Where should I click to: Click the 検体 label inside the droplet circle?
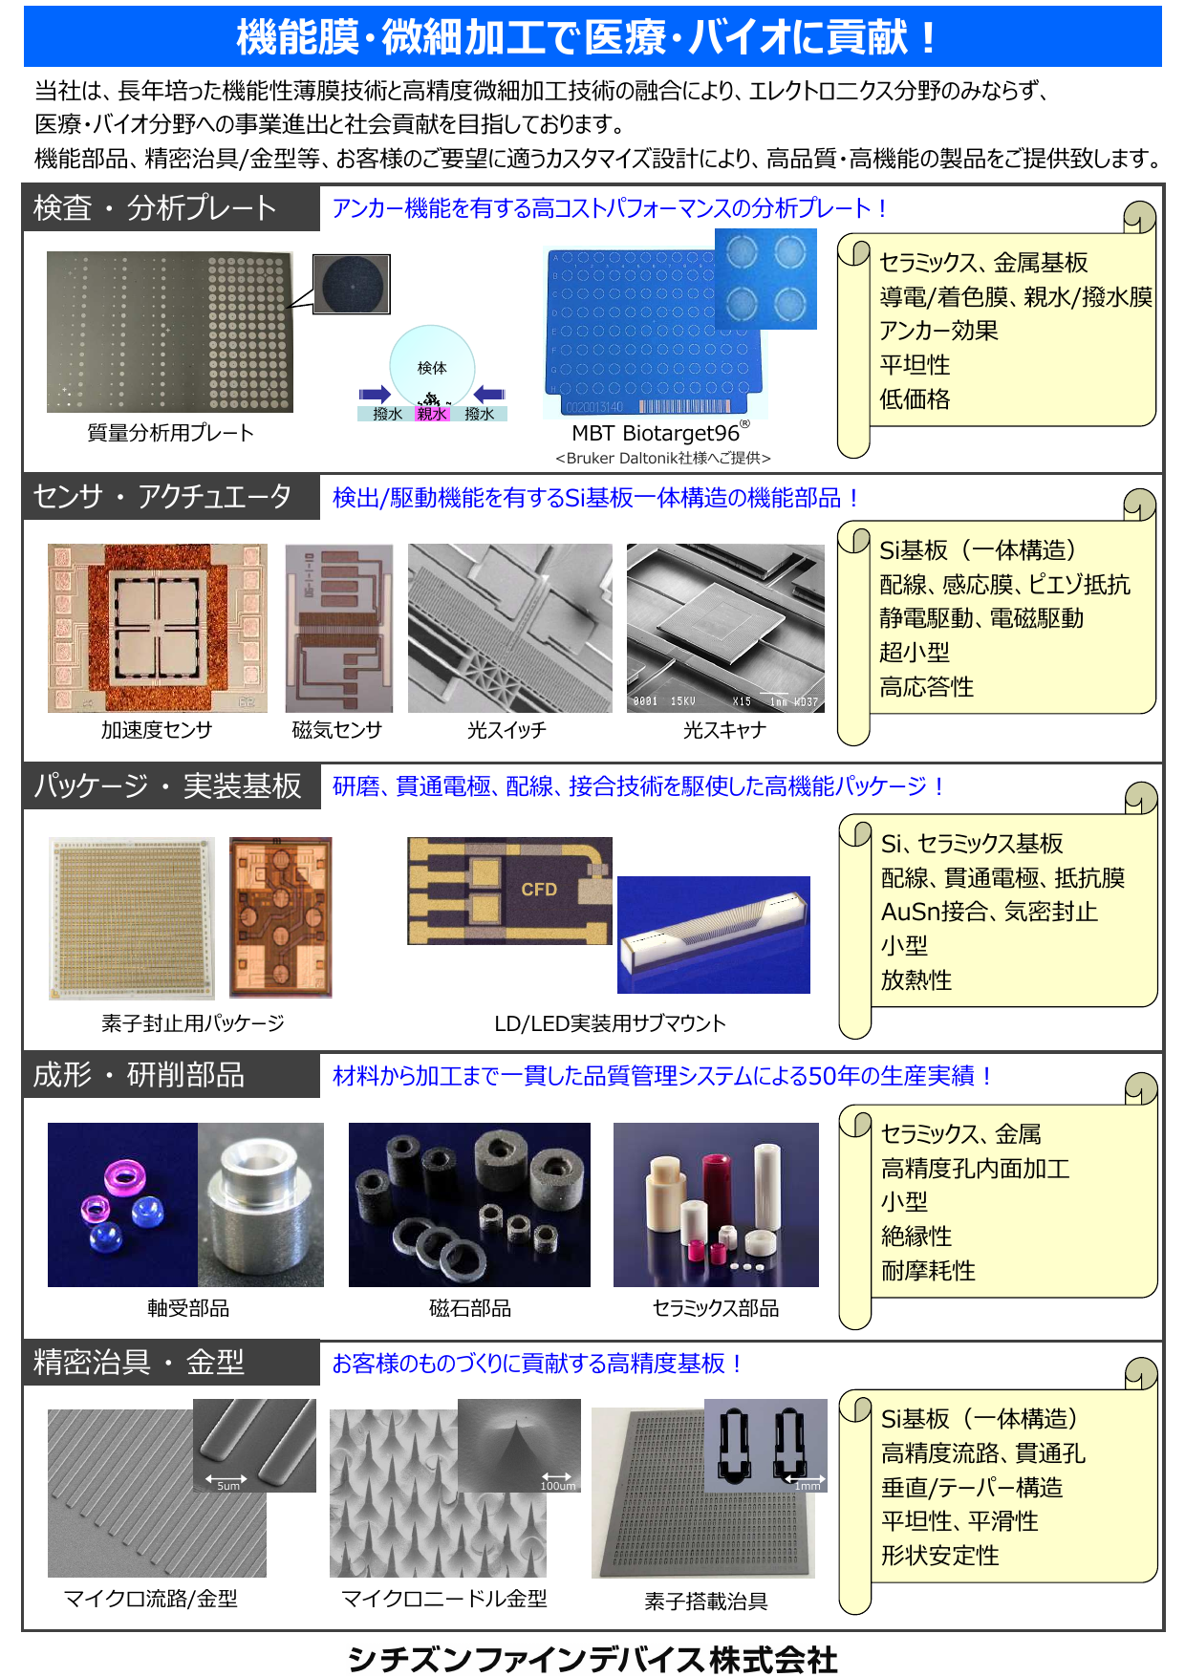432,368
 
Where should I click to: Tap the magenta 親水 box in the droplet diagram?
432,414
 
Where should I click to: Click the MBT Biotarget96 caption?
657,433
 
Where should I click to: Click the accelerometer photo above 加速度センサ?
158,628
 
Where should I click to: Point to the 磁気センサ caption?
337,730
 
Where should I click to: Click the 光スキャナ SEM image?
725,628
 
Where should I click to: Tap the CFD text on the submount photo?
539,890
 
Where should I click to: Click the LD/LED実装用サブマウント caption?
610,1023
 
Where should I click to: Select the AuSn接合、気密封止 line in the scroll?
989,912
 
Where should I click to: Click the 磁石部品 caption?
469,1308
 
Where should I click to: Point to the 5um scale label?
228,1486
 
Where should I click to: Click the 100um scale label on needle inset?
558,1486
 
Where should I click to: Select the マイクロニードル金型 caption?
444,1599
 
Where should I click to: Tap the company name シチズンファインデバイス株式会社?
592,1659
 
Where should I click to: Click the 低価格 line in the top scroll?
915,399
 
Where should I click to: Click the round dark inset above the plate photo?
352,284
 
